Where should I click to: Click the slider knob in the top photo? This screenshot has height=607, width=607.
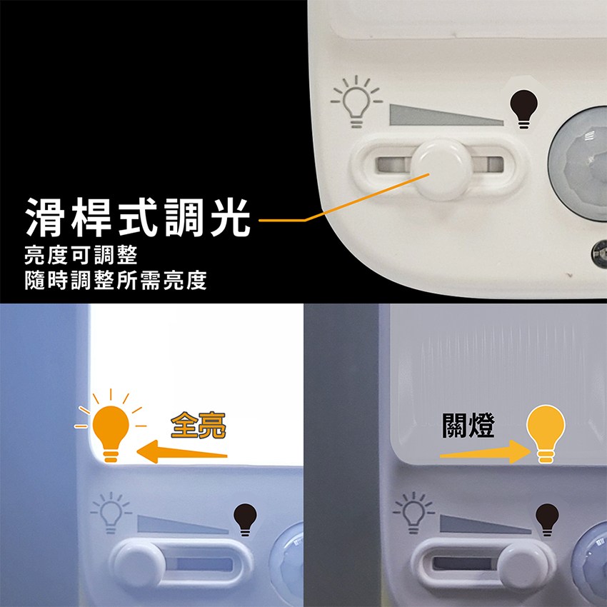pyautogui.click(x=442, y=169)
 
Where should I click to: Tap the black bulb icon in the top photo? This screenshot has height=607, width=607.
pyautogui.click(x=523, y=109)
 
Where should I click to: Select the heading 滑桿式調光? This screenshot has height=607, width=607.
pyautogui.click(x=138, y=217)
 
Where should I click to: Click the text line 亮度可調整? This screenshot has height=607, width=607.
pyautogui.click(x=81, y=255)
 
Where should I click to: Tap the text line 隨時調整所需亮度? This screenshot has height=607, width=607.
pyautogui.click(x=116, y=280)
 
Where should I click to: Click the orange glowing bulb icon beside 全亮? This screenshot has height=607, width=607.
pyautogui.click(x=111, y=426)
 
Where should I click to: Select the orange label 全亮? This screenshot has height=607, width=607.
pyautogui.click(x=199, y=425)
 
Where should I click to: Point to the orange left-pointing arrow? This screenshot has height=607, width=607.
pyautogui.click(x=182, y=452)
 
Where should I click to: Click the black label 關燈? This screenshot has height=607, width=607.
pyautogui.click(x=468, y=426)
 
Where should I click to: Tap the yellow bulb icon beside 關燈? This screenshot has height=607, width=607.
pyautogui.click(x=546, y=433)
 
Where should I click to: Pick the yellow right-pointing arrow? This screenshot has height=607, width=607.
pyautogui.click(x=486, y=452)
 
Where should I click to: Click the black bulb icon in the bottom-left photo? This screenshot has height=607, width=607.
pyautogui.click(x=245, y=519)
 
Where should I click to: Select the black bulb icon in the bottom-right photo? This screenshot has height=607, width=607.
pyautogui.click(x=547, y=519)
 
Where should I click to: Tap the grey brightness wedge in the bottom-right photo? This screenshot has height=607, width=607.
pyautogui.click(x=485, y=524)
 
